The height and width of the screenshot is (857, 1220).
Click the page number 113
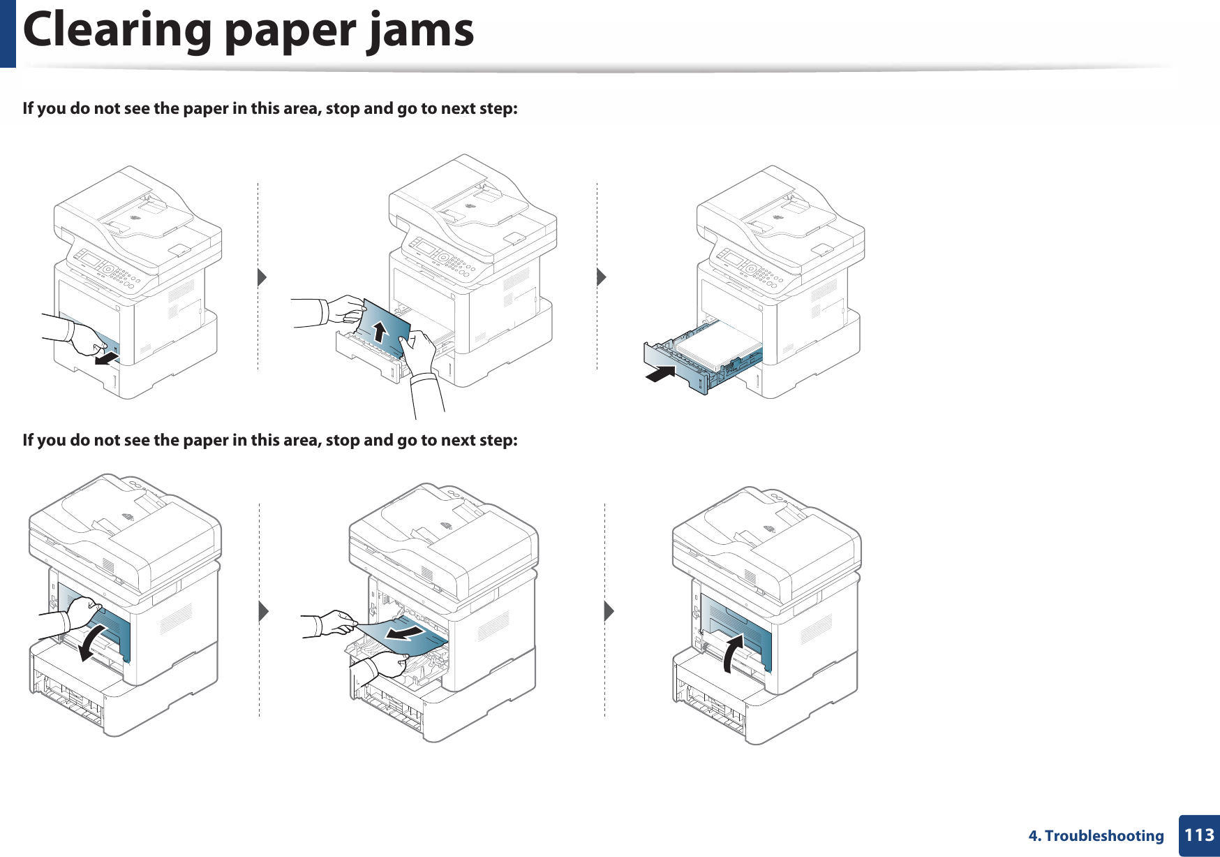[1199, 835]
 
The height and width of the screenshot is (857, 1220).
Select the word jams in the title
[421, 31]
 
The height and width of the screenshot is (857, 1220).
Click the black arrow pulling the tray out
[107, 359]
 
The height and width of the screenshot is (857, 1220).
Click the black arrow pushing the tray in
[660, 374]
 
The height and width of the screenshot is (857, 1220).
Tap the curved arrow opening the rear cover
[91, 642]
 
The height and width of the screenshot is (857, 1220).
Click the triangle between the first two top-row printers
[262, 277]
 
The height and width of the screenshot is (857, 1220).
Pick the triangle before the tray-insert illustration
[602, 277]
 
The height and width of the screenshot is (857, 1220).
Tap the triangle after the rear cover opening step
[263, 611]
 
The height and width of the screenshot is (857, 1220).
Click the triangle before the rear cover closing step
[609, 611]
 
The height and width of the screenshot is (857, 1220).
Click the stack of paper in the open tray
[719, 345]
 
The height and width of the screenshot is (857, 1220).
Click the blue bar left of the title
[8, 33]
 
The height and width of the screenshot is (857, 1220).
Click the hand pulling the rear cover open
[82, 613]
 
